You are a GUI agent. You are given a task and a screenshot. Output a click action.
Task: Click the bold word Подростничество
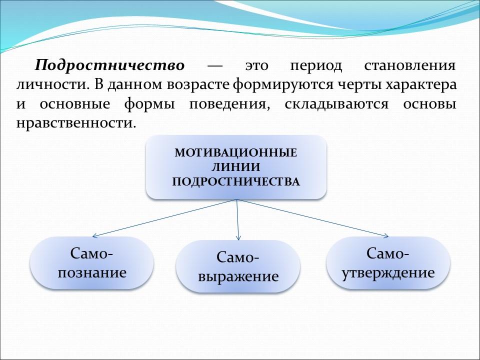pyautogui.click(x=109, y=66)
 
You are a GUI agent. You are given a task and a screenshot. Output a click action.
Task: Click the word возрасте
pyautogui.click(x=197, y=84)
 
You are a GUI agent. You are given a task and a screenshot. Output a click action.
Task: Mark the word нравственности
pyautogui.click(x=75, y=123)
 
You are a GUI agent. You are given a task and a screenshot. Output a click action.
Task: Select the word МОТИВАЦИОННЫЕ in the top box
pyautogui.click(x=236, y=152)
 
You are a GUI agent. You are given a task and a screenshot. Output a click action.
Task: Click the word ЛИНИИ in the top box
pyautogui.click(x=236, y=167)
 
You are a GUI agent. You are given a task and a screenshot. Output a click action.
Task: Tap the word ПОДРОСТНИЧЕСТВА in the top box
pyautogui.click(x=236, y=181)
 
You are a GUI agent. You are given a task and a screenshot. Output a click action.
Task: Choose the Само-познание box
pyautogui.click(x=91, y=263)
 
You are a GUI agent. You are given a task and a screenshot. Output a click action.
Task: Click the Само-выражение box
pyautogui.click(x=238, y=266)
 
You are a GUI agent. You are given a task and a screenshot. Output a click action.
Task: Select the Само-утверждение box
pyautogui.click(x=388, y=263)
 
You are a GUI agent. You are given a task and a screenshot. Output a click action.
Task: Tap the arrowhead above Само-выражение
pyautogui.click(x=238, y=236)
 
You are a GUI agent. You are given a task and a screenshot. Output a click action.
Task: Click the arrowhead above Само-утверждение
pyautogui.click(x=385, y=235)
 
